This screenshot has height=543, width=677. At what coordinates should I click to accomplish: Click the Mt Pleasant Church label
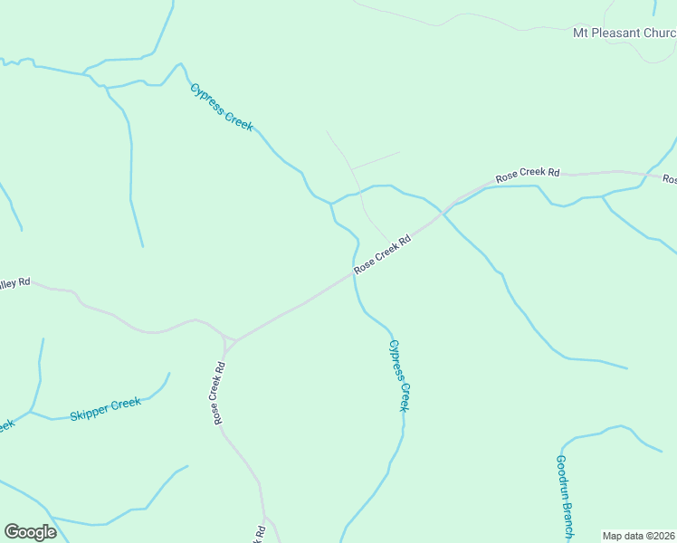click(x=625, y=33)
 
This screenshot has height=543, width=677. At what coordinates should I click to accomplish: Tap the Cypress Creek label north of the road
click(x=221, y=107)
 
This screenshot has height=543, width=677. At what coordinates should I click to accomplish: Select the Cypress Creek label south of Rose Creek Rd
click(x=399, y=376)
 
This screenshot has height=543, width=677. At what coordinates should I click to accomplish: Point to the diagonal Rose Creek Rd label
click(x=382, y=254)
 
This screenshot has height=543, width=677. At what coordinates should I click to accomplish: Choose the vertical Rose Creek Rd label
click(x=219, y=395)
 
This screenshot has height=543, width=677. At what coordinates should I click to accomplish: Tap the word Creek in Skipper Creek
click(x=125, y=403)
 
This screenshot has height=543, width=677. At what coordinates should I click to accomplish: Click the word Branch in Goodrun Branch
click(x=565, y=519)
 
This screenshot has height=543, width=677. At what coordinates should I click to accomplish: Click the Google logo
click(x=30, y=532)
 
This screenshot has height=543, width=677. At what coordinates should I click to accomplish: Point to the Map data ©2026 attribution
click(x=639, y=536)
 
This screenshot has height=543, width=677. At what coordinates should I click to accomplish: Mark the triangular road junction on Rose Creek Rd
click(x=229, y=341)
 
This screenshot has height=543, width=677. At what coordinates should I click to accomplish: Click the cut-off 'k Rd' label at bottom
click(x=260, y=533)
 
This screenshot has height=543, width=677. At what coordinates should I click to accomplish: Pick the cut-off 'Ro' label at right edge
click(x=670, y=179)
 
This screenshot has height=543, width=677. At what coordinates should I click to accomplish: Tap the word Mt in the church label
click(x=581, y=33)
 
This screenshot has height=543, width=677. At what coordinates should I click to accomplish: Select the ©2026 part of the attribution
click(x=659, y=536)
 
